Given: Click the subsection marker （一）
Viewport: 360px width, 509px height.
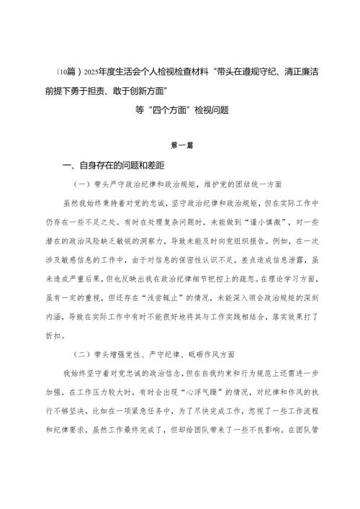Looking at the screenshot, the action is (x=84, y=184).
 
